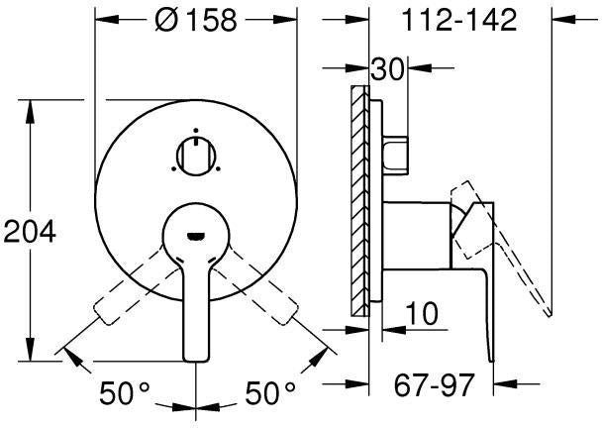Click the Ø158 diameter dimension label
(x=196, y=20)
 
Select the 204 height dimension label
(x=30, y=232)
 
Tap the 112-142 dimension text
(x=458, y=20)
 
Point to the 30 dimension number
(x=388, y=68)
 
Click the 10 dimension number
(x=422, y=313)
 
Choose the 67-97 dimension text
(x=435, y=384)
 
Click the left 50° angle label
(x=125, y=392)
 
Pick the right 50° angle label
(x=270, y=392)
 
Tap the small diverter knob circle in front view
(x=196, y=156)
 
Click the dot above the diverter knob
(x=196, y=130)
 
